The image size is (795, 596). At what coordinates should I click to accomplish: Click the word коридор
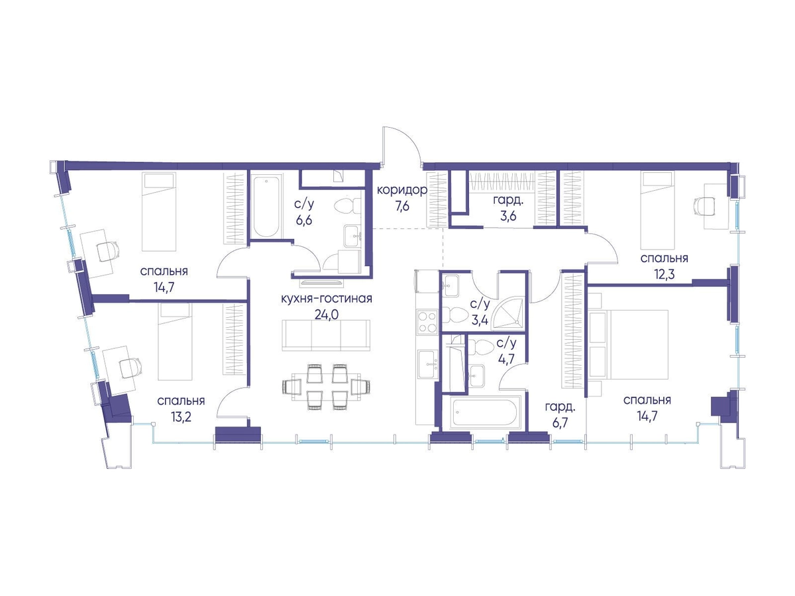point(402,190)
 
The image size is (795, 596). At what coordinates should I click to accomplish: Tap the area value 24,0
point(327,315)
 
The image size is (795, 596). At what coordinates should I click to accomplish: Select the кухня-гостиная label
point(327,299)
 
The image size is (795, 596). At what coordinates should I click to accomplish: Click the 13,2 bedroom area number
point(181,417)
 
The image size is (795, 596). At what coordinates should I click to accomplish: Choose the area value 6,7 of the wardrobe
point(560,423)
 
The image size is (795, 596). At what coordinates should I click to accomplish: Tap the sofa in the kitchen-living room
point(326,335)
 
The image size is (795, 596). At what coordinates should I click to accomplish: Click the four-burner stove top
point(427,322)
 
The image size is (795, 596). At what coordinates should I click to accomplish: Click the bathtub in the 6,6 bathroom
point(266,207)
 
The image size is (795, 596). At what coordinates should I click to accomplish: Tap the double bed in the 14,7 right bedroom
point(629,344)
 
